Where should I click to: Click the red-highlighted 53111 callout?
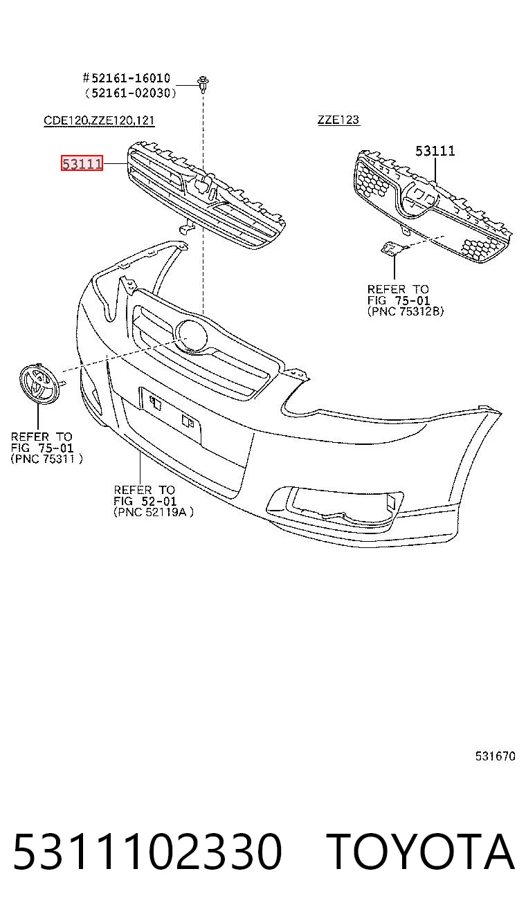pos(82,163)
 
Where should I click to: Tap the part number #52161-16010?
pos(127,78)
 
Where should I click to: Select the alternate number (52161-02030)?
pos(131,93)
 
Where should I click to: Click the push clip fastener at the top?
pos(203,84)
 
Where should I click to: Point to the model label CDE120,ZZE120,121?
pos(99,120)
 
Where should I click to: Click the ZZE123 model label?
pos(338,120)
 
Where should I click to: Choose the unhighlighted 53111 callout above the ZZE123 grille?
pos(435,152)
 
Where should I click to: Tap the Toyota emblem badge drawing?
pos(39,383)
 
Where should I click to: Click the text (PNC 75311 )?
pos(46,459)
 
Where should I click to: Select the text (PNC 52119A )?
pos(154,512)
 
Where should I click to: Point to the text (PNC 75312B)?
pos(406,311)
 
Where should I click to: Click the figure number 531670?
pos(495,756)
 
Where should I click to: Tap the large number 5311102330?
pos(147,852)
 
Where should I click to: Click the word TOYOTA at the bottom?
pos(420,852)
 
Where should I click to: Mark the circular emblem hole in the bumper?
pos(191,336)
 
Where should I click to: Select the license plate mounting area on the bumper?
pos(171,415)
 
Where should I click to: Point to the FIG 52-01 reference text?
pos(145,501)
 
